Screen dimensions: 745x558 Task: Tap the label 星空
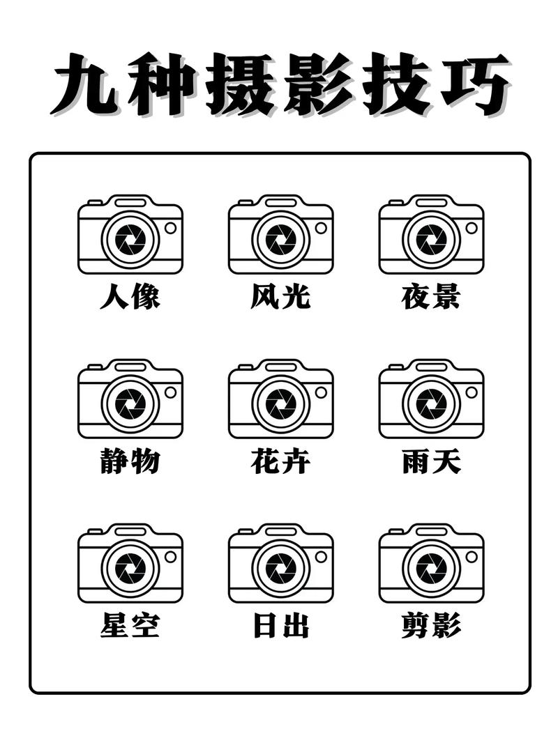click(130, 626)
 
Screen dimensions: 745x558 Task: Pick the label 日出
click(280, 626)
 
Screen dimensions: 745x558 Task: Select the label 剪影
click(431, 626)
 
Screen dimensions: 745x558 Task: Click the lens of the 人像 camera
click(130, 239)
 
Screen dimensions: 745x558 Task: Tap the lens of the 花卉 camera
click(281, 404)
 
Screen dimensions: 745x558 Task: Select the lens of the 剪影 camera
click(432, 567)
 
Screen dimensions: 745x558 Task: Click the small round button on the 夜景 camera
click(472, 228)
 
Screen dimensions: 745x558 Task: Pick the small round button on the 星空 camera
click(170, 556)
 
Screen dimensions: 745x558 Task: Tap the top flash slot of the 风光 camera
click(281, 202)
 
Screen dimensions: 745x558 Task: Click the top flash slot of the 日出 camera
click(281, 531)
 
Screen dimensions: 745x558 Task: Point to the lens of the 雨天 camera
click(432, 404)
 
